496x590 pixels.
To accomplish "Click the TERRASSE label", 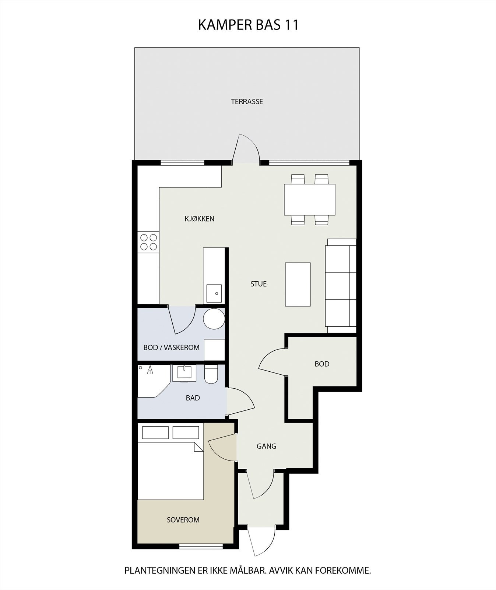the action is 247,101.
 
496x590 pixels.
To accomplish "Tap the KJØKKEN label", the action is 199,219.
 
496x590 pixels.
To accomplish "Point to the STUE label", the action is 258,284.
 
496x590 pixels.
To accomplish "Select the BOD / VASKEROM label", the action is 171,347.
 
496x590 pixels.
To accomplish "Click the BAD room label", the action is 193,398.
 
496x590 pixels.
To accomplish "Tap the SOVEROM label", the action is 183,520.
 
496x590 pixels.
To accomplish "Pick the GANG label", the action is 266,446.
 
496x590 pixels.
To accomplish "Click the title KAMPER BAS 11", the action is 248,25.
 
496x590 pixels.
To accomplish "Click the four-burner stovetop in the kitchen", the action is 148,242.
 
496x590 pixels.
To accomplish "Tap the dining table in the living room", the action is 310,199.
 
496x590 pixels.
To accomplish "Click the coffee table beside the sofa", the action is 298,284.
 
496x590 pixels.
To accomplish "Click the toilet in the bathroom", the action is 211,374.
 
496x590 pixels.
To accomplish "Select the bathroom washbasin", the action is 184,373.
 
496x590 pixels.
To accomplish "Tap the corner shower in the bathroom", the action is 152,381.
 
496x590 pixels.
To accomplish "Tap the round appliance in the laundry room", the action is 214,319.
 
